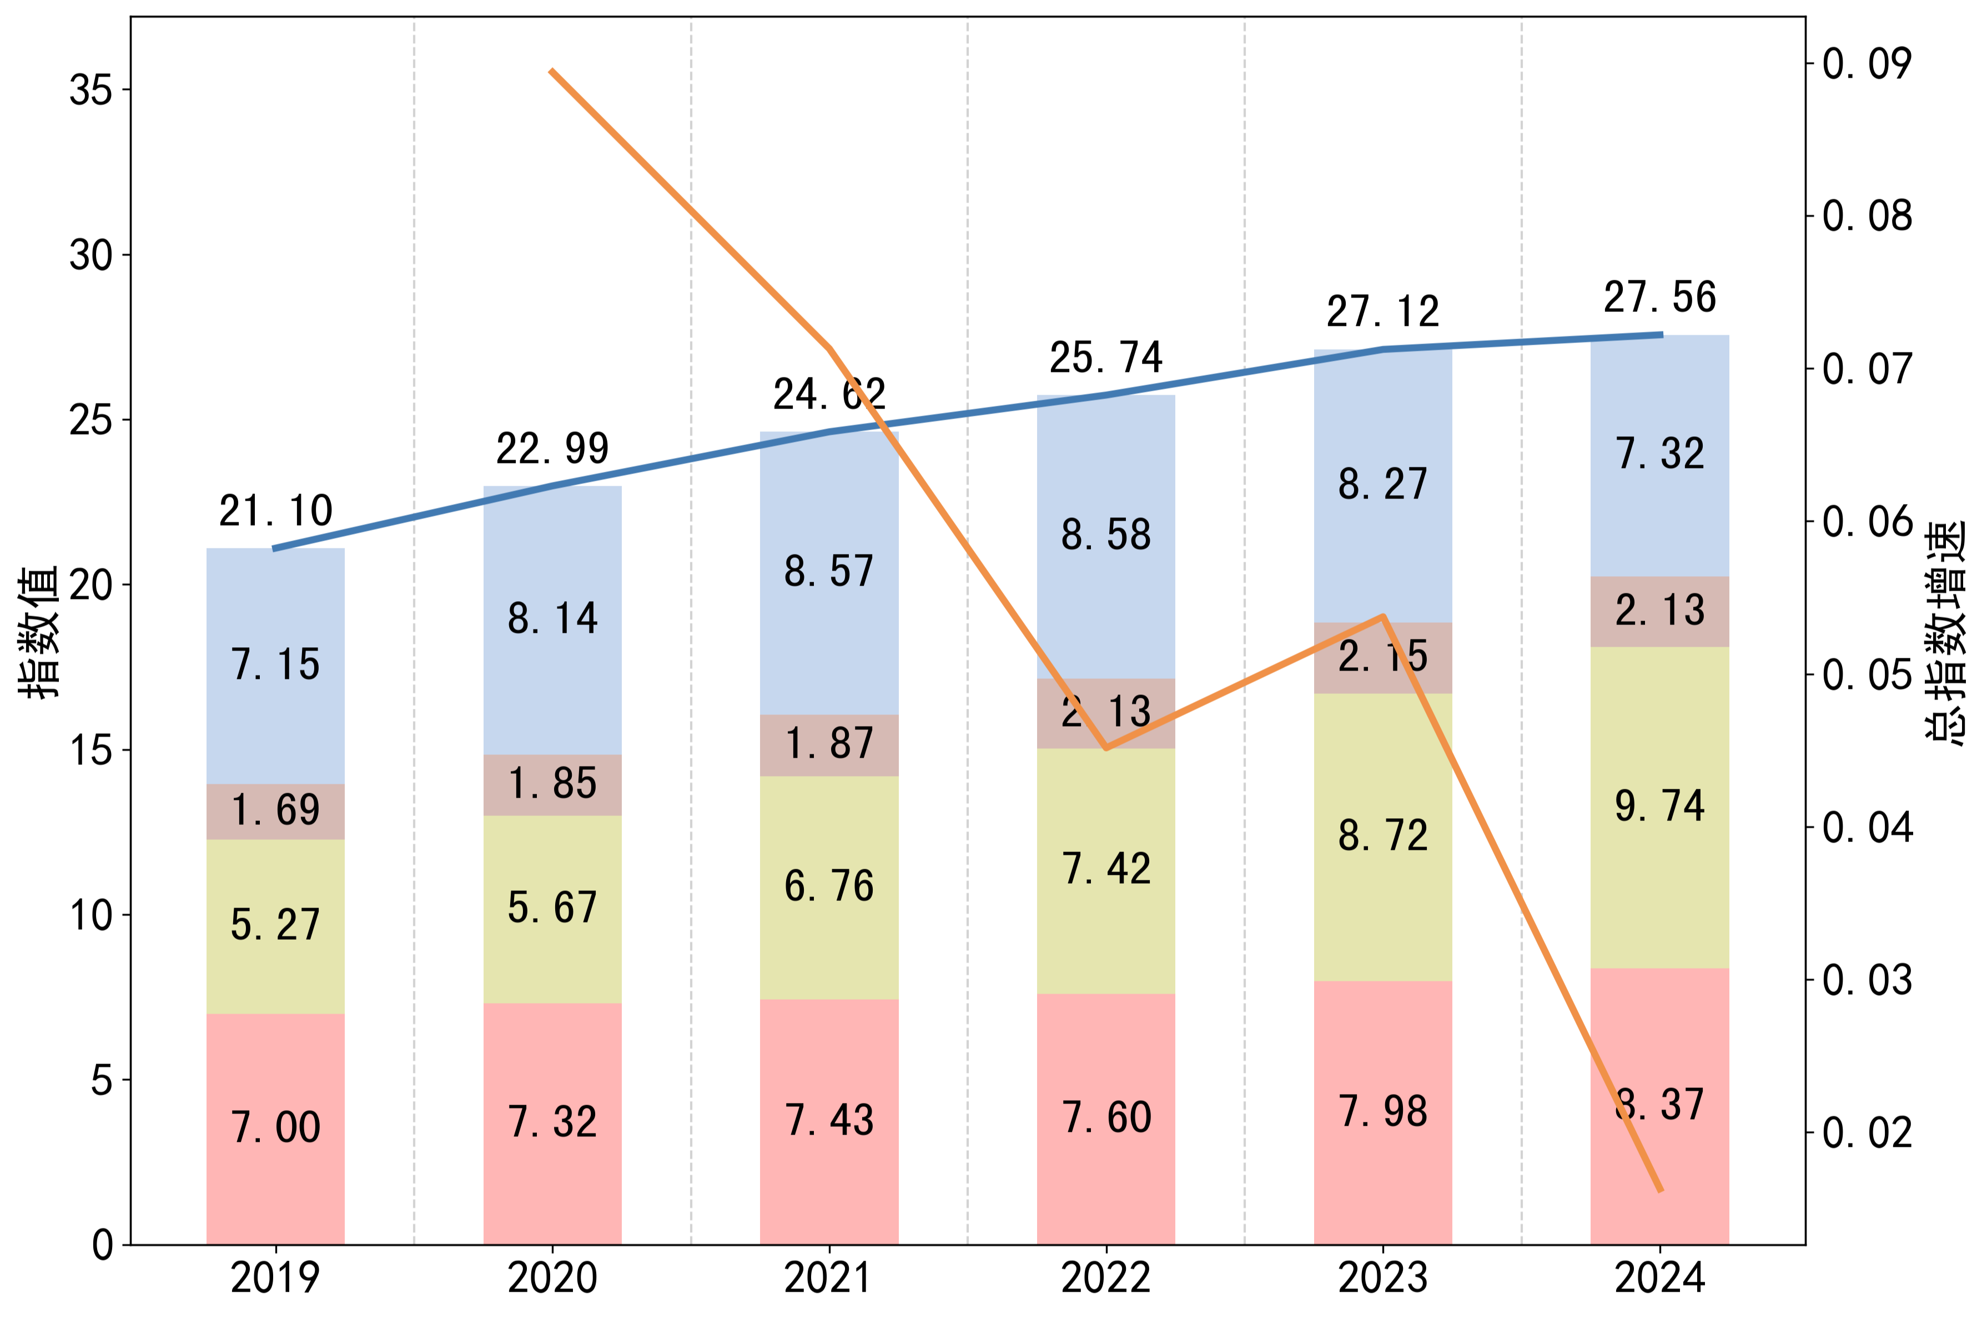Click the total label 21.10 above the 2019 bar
(x=275, y=511)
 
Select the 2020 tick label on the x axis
(x=552, y=1278)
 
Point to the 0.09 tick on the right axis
(x=1867, y=64)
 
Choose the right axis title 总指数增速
(x=1946, y=631)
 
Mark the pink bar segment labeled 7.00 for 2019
(x=275, y=1128)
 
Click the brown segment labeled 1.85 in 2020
(x=552, y=784)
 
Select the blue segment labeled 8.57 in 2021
(x=829, y=572)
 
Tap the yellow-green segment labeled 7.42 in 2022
(x=1105, y=869)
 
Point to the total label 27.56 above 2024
(x=1659, y=297)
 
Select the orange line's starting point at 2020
(x=551, y=70)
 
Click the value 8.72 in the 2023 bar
(x=1382, y=836)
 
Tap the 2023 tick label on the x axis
(x=1382, y=1278)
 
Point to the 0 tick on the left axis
(x=102, y=1245)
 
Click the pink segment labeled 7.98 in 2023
(x=1382, y=1111)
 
